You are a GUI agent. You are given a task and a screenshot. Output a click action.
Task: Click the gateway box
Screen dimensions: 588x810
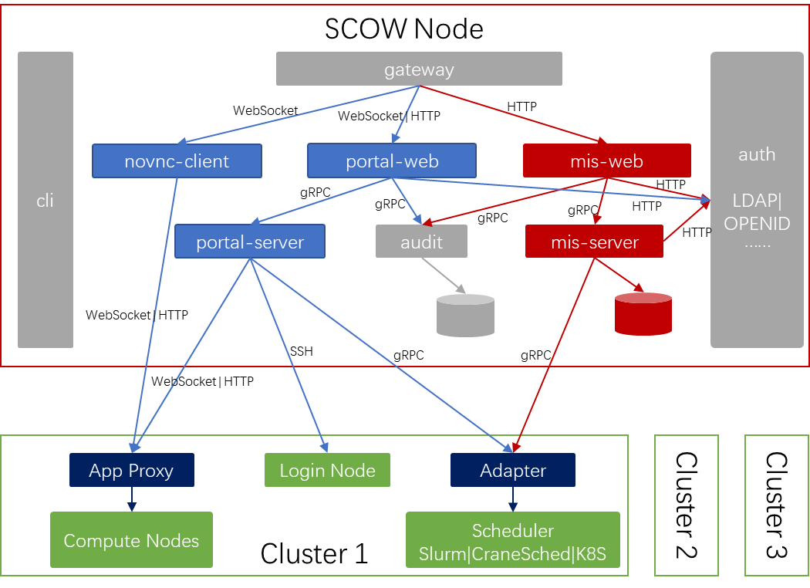(419, 69)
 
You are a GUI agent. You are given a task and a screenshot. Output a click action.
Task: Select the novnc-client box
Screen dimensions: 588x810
(177, 161)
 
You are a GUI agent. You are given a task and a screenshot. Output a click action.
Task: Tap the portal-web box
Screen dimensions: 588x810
(392, 161)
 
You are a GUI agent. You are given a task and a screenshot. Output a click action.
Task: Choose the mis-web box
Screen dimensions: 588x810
(606, 161)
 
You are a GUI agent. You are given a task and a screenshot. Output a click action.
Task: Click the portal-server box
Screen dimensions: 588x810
(250, 242)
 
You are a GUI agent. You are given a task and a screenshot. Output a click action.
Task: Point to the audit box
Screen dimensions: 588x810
(421, 242)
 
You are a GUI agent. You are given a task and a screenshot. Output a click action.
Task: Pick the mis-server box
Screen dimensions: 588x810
(594, 242)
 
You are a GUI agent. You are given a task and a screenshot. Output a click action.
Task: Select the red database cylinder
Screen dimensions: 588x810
(643, 314)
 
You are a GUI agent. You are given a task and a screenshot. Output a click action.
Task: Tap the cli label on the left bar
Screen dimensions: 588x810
(46, 201)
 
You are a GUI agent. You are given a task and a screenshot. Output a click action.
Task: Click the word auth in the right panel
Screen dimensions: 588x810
(756, 154)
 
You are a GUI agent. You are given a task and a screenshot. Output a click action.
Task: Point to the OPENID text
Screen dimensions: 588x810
(756, 224)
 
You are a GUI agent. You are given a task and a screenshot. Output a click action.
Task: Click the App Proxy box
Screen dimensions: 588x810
(131, 470)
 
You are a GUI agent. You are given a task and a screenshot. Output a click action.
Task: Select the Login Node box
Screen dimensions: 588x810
(327, 470)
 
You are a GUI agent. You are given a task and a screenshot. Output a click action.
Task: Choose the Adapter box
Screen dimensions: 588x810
(512, 470)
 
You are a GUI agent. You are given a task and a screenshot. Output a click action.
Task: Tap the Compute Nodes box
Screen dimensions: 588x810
(131, 540)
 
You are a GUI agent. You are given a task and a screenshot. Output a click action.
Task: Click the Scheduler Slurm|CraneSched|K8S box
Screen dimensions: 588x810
(512, 542)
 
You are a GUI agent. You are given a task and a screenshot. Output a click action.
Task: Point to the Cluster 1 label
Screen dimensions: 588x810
(314, 553)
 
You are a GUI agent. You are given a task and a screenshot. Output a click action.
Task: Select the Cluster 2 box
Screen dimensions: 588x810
(686, 505)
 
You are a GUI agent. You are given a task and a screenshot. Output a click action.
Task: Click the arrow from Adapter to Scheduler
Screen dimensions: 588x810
(512, 499)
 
